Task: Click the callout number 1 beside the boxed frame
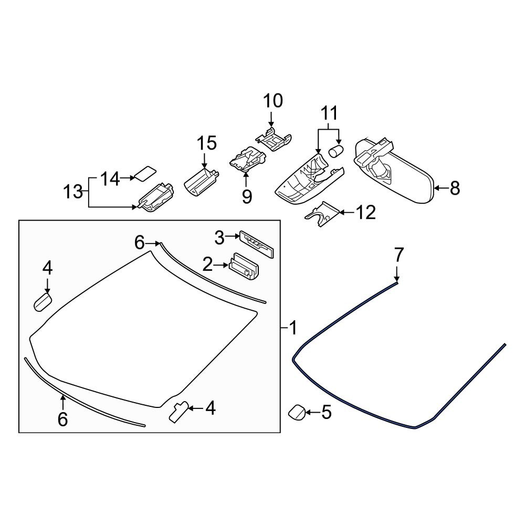pos(293,329)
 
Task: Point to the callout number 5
pos(326,413)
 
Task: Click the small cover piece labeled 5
pos(298,413)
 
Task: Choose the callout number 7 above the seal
pos(398,255)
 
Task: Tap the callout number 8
pos(454,187)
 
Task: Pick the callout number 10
pos(272,100)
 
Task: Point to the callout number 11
pos(329,113)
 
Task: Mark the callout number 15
pos(206,142)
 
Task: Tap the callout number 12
pos(365,213)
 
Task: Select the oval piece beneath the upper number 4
pos(43,302)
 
